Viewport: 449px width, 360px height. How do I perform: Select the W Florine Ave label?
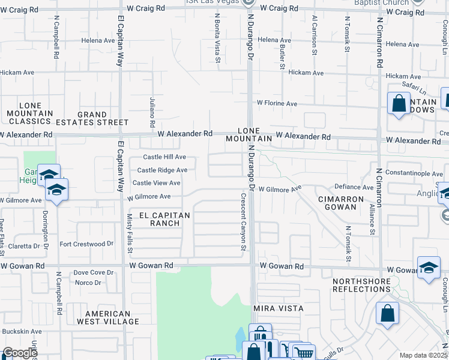[277, 104]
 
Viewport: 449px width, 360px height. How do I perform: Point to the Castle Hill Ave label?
[164, 157]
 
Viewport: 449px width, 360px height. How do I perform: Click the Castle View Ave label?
[156, 183]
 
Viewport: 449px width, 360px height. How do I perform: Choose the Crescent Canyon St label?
[244, 222]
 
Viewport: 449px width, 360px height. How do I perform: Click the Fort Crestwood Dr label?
[86, 244]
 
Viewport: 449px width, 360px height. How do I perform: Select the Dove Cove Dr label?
[89, 272]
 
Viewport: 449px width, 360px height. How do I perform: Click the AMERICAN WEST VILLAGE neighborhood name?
[112, 317]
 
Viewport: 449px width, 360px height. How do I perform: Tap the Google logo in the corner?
[20, 353]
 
